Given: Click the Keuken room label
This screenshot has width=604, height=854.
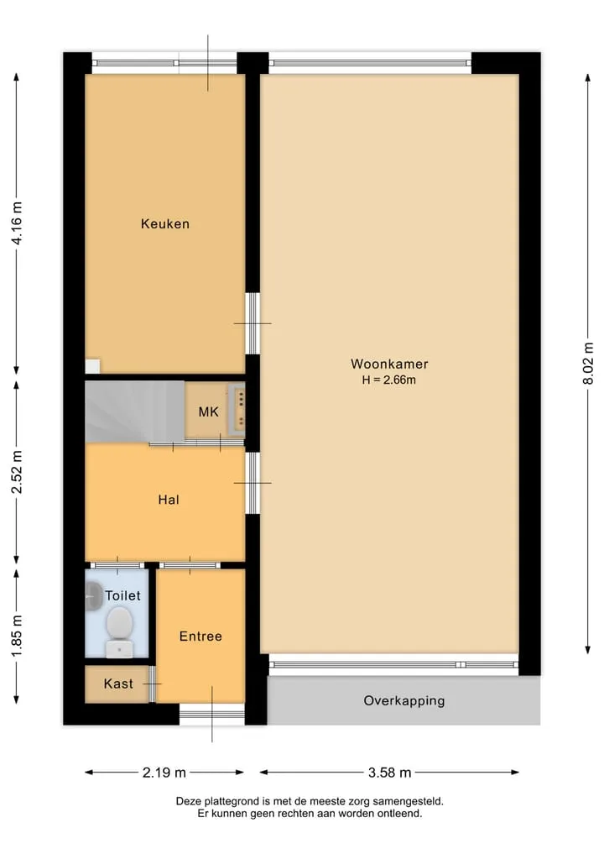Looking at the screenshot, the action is (165, 224).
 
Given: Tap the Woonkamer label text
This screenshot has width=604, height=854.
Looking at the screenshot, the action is (389, 364).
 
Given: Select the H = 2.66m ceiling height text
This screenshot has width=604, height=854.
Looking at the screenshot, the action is (389, 380).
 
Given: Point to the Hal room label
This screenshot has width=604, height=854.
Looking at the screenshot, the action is (168, 500).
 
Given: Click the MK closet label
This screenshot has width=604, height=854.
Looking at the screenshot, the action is (208, 411).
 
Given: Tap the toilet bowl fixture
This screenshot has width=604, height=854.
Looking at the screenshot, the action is (120, 631).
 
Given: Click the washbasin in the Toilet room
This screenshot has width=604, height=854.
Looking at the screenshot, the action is (94, 596).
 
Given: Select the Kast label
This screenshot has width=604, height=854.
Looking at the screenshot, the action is (118, 684).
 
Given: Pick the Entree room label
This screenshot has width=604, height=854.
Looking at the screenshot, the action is (200, 637).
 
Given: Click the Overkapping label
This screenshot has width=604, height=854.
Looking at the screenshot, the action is (404, 701).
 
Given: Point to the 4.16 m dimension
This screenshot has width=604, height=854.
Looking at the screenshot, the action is (18, 223).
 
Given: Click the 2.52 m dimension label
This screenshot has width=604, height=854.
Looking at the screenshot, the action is (18, 472).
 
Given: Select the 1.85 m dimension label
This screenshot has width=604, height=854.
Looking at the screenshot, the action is (18, 636).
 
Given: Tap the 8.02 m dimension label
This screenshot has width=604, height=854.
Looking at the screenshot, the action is (588, 364).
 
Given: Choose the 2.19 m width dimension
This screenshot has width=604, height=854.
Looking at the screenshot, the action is (164, 773).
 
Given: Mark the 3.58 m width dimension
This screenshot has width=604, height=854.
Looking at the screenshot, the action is (389, 773).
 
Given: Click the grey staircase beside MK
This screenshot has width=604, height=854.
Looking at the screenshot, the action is (134, 411).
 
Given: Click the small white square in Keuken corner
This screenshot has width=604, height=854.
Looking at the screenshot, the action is (92, 366).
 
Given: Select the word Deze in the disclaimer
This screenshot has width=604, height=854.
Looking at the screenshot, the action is (188, 801).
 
